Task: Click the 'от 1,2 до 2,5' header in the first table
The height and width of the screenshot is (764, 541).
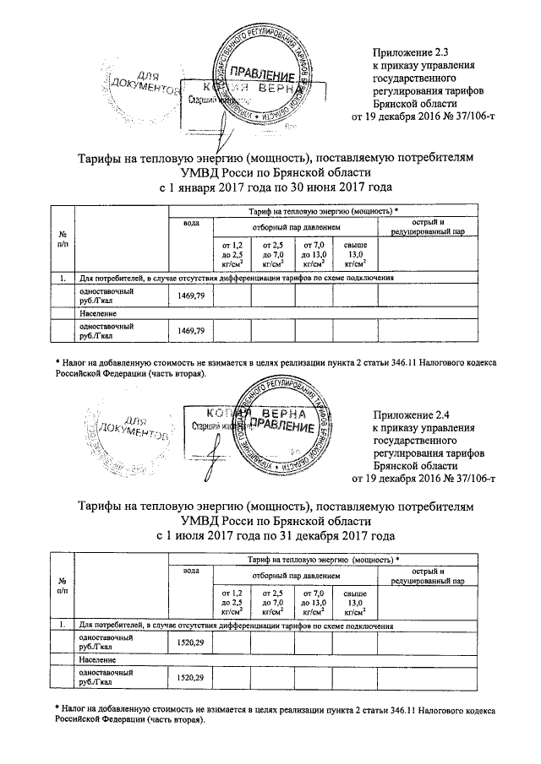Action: click(x=232, y=253)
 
